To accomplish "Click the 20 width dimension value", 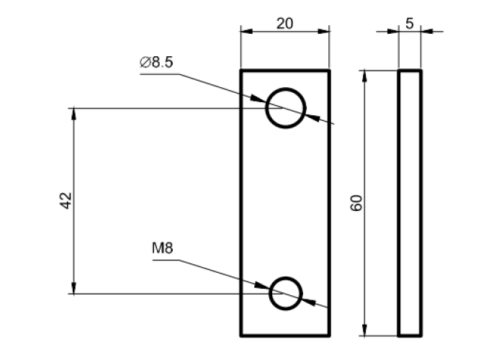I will (x=284, y=22).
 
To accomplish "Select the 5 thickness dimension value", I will (x=410, y=22).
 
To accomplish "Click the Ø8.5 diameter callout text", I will (x=156, y=63).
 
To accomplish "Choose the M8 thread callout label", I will (x=163, y=249).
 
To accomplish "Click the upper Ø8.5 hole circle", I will (x=285, y=108).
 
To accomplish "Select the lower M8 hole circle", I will (x=286, y=294).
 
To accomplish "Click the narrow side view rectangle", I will (x=410, y=203).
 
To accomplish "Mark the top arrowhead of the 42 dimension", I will (x=73, y=113).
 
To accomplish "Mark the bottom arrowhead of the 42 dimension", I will (x=73, y=289).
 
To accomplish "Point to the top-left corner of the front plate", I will (x=241, y=71).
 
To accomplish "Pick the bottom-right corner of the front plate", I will (x=329, y=336).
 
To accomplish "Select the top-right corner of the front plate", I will (x=329, y=71).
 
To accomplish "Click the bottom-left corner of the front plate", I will (x=241, y=336).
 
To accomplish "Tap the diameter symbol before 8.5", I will (x=144, y=63).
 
